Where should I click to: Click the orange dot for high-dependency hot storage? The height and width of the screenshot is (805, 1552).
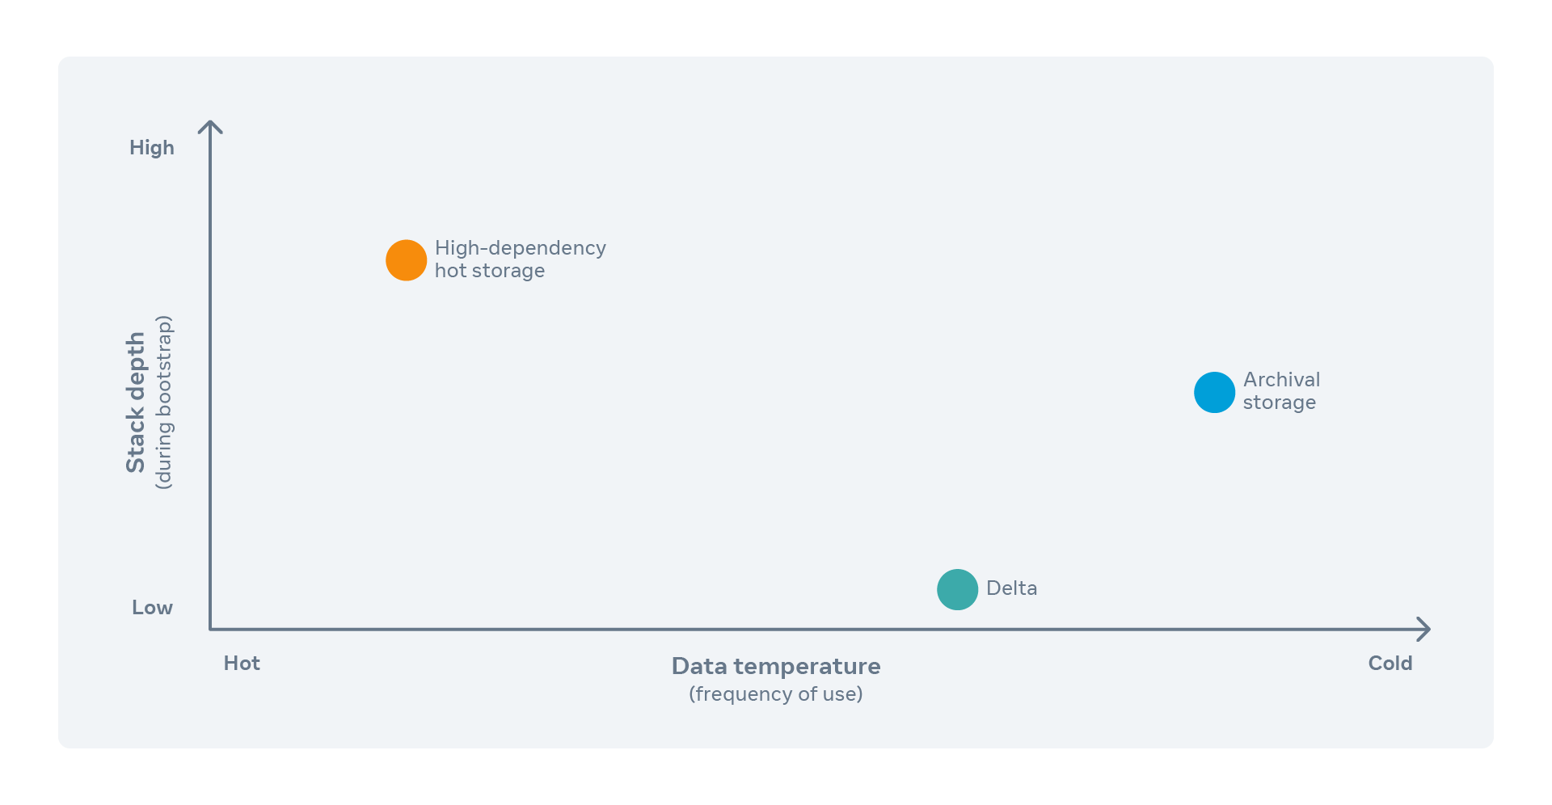406,260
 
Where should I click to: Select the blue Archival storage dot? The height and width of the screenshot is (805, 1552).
1214,392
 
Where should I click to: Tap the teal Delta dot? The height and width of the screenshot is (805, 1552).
957,589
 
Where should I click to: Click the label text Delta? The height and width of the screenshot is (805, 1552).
1011,588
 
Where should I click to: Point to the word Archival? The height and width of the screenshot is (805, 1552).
1281,380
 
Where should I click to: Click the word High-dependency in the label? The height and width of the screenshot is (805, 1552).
521,249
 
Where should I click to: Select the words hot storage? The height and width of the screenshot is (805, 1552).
490,271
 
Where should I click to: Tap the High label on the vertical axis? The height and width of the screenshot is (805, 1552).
152,148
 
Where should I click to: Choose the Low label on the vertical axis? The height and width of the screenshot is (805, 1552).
152,608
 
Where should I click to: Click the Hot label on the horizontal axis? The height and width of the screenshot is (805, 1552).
242,664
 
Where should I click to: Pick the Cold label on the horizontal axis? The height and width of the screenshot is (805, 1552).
1390,664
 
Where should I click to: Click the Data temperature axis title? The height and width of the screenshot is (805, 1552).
776,667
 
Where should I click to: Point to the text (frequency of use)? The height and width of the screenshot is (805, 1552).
776,694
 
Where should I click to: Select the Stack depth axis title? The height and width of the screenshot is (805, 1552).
136,402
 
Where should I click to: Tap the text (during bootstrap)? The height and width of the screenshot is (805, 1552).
163,402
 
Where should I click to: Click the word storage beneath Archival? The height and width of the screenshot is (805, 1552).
1280,402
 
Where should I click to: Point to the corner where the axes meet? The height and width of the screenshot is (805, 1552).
210,629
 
